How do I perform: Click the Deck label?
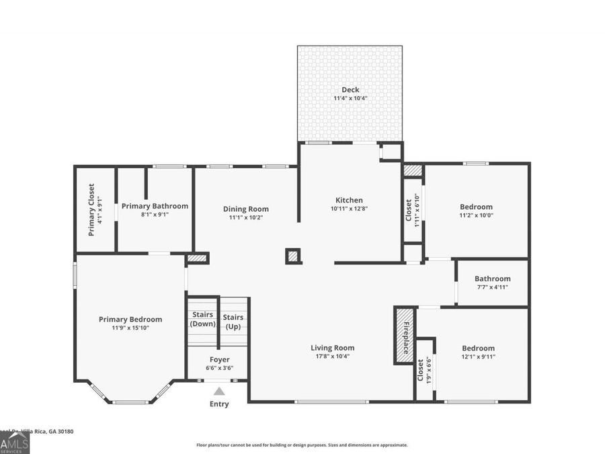[350, 89]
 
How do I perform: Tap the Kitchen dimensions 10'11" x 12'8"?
[349, 209]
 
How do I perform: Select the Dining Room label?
[246, 209]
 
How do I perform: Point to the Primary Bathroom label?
[155, 206]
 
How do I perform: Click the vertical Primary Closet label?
[91, 209]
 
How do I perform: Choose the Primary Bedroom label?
[130, 319]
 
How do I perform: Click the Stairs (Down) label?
[202, 319]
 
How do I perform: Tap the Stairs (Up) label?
[233, 321]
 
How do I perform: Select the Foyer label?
[219, 360]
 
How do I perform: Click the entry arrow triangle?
[219, 391]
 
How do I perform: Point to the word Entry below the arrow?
[219, 404]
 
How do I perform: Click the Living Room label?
[332, 348]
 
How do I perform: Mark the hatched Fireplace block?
[403, 334]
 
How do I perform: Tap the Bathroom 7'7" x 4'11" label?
[492, 278]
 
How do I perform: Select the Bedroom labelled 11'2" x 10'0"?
[476, 206]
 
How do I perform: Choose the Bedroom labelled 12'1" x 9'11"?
[478, 348]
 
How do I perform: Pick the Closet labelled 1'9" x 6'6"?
[421, 370]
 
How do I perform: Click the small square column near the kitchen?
[292, 256]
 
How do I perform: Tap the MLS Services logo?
[15, 443]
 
